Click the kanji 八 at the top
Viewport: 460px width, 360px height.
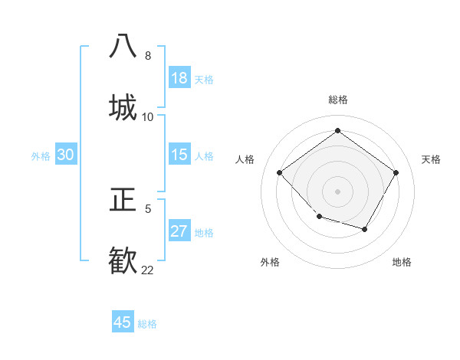pyautogui.click(x=123, y=46)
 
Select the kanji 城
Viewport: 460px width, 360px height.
pyautogui.click(x=123, y=106)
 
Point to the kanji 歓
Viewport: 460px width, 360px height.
pyautogui.click(x=123, y=260)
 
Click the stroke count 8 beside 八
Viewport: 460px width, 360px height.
pyautogui.click(x=148, y=56)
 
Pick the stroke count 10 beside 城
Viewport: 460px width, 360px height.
pyautogui.click(x=148, y=116)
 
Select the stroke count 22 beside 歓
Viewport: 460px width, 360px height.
pyautogui.click(x=148, y=270)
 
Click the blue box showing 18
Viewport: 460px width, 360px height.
pyautogui.click(x=179, y=78)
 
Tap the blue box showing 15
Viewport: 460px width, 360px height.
pyautogui.click(x=179, y=155)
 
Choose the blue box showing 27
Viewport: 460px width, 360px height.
pyautogui.click(x=179, y=231)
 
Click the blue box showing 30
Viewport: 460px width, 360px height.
pyautogui.click(x=65, y=155)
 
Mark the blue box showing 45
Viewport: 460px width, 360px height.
pyautogui.click(x=123, y=322)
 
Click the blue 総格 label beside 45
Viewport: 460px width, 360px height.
pyautogui.click(x=147, y=324)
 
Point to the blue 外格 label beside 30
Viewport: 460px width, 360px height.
pyautogui.click(x=41, y=156)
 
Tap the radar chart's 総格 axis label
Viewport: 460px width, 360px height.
pyautogui.click(x=338, y=100)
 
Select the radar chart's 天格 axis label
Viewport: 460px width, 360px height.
pyautogui.click(x=431, y=159)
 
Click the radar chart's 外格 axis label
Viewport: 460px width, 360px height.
pyautogui.click(x=270, y=262)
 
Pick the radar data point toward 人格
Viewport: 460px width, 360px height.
pyautogui.click(x=280, y=173)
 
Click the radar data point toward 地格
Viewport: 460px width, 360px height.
pyautogui.click(x=365, y=230)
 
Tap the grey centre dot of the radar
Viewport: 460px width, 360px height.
pyautogui.click(x=337, y=191)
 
